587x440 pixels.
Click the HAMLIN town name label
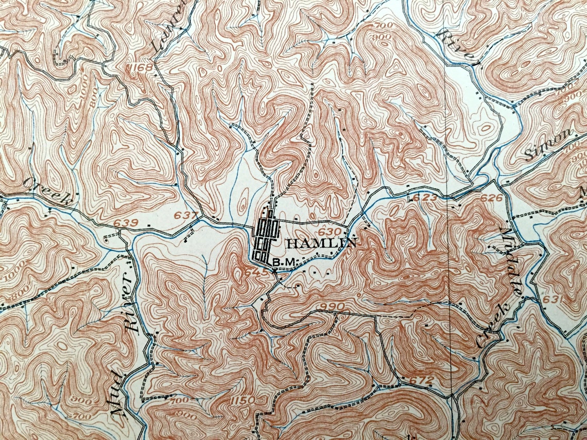coord(320,243)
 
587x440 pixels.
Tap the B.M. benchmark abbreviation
coord(285,262)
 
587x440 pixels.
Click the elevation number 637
coord(187,215)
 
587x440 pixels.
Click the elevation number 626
coord(491,198)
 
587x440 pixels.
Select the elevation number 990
coord(331,307)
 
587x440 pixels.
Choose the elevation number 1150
coord(242,400)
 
